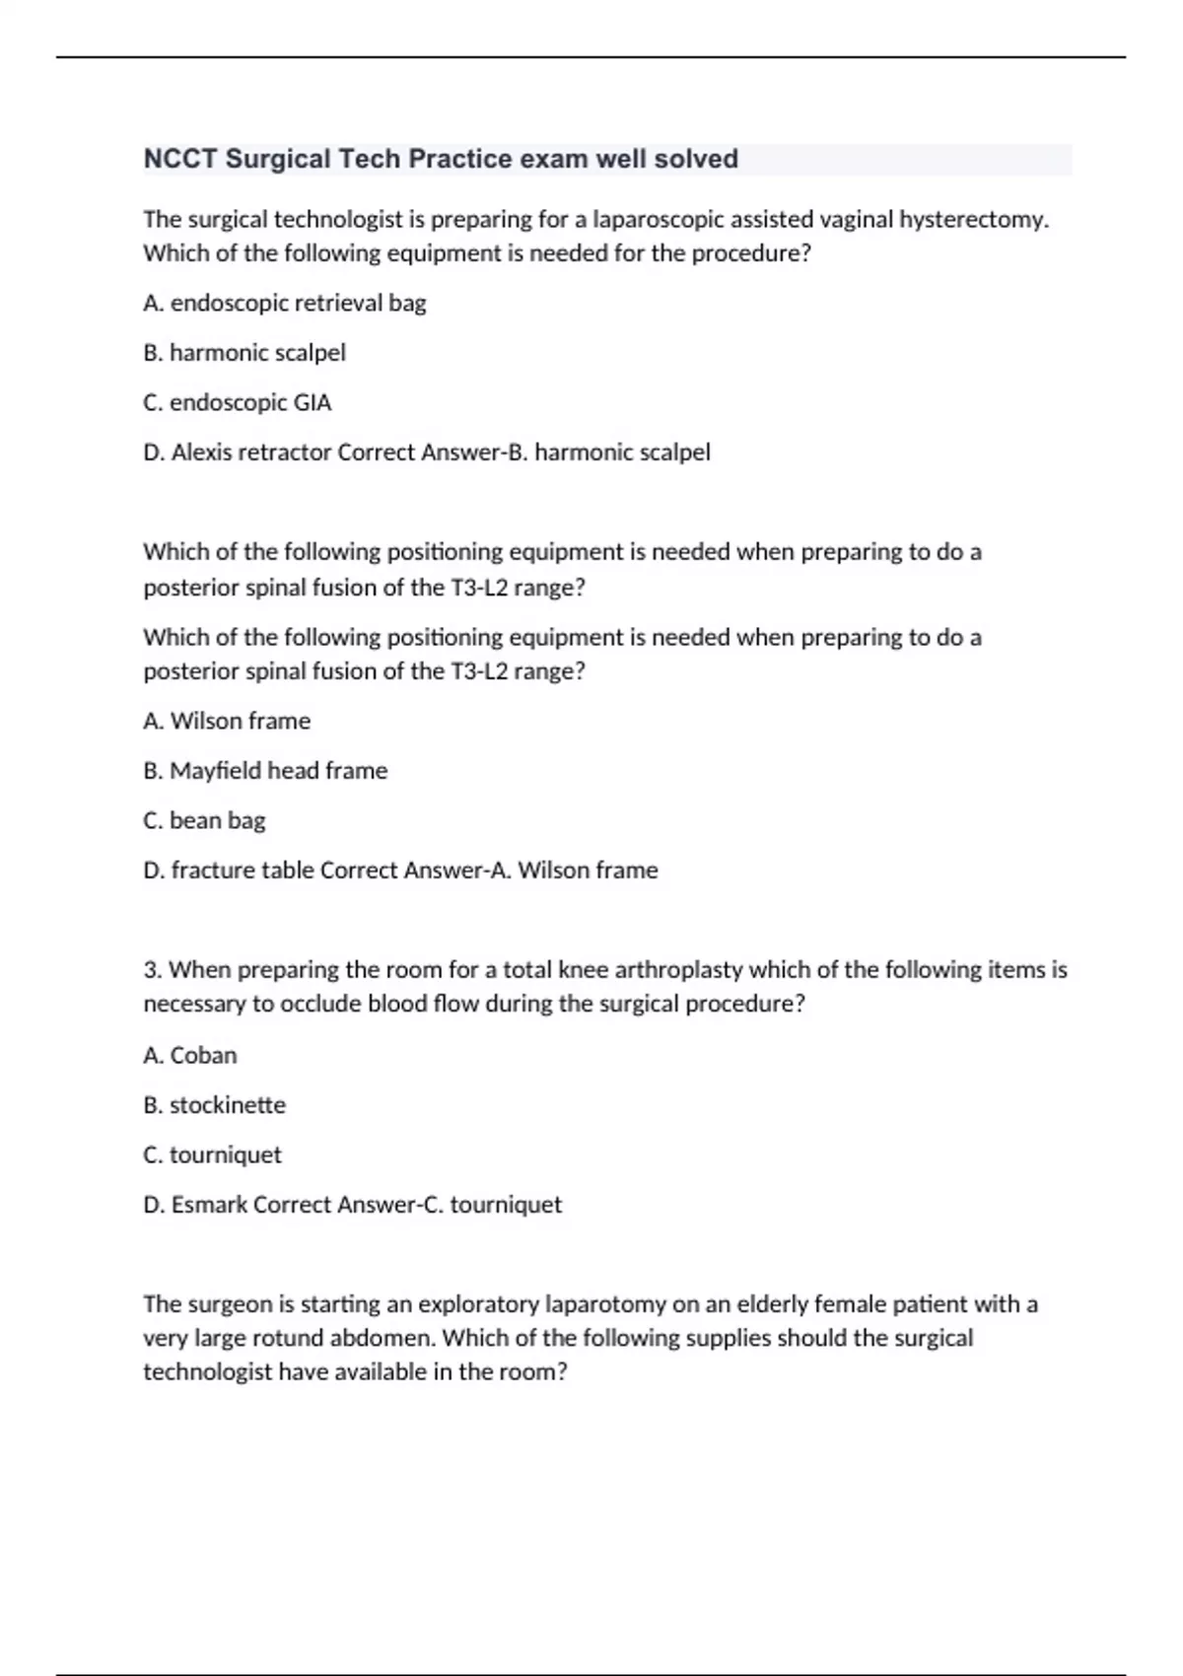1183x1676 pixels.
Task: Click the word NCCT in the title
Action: point(180,159)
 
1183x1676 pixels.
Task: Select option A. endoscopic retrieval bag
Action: point(285,303)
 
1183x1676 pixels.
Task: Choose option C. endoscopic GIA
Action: point(238,402)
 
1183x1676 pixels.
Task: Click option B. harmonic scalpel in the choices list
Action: point(244,353)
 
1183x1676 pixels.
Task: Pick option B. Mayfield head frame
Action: point(265,771)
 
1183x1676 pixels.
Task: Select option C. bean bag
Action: point(204,820)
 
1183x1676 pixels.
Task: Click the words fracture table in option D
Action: point(243,871)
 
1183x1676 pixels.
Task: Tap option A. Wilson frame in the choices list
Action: point(227,721)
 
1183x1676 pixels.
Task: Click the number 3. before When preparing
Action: point(153,970)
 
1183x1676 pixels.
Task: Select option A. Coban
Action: point(190,1055)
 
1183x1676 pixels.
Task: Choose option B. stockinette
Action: point(215,1105)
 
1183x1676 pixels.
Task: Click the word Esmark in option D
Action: point(209,1205)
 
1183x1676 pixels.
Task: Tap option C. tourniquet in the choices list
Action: point(212,1154)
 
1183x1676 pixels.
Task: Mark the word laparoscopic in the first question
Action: point(659,219)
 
